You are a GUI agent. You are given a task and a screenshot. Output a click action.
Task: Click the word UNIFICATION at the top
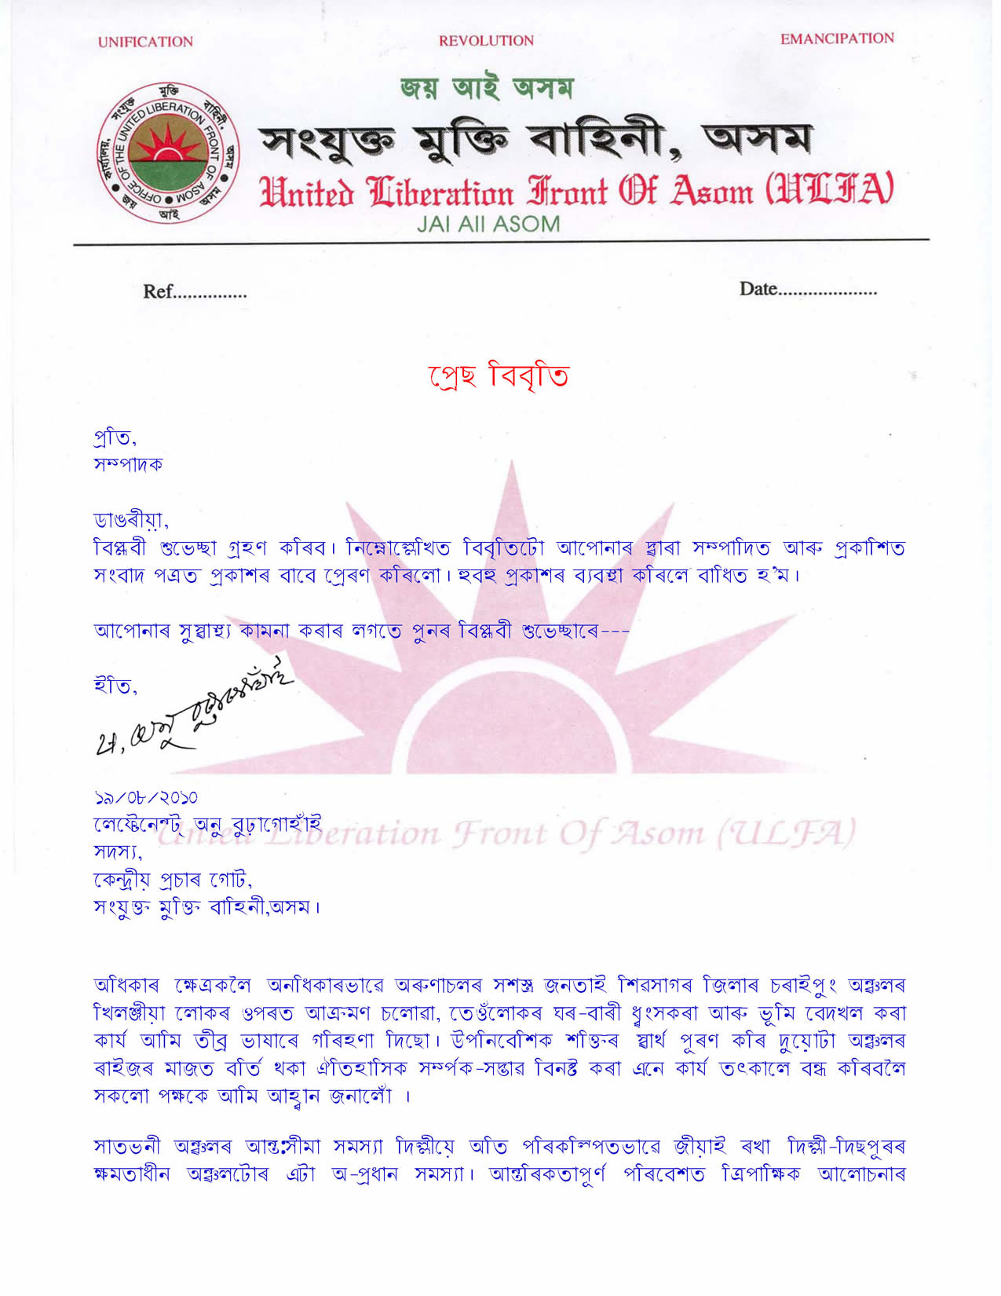coord(145,42)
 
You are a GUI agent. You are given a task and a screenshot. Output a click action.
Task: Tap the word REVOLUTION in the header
coord(486,41)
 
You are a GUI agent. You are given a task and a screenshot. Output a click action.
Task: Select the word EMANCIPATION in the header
coord(837,38)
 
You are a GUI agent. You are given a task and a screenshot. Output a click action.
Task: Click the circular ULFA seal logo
coord(168,153)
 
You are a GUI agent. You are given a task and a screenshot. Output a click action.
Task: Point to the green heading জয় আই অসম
coord(487,88)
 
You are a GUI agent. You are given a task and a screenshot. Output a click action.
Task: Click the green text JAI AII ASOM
coord(488,224)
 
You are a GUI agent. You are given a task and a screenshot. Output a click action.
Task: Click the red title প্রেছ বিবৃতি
coord(499,375)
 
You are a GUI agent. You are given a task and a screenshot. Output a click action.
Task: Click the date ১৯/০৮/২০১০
coord(146,799)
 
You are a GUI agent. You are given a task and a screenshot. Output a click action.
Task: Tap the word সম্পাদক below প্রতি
coord(129,465)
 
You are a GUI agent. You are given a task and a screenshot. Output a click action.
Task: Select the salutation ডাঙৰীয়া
coord(130,520)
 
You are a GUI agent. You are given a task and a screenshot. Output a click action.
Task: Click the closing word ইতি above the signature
coord(115,686)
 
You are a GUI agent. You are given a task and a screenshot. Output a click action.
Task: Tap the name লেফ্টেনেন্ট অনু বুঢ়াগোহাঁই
coord(207,825)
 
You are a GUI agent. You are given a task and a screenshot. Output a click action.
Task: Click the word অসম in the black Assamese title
coord(757,140)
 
